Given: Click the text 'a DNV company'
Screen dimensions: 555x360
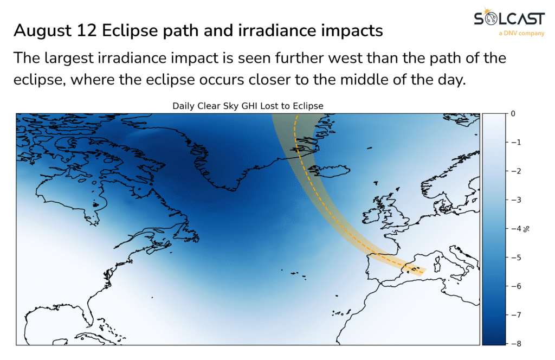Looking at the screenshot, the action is [x=521, y=33].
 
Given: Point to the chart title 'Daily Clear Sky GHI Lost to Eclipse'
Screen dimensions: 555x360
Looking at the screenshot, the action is [x=248, y=106].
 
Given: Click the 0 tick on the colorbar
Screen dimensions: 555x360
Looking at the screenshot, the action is [x=513, y=114].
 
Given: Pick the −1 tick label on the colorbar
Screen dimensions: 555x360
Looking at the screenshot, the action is [x=516, y=142].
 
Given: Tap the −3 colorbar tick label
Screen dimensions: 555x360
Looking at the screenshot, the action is [x=516, y=200].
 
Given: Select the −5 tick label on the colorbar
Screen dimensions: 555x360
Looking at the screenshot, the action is [x=516, y=258].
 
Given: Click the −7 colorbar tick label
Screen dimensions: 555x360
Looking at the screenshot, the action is [x=516, y=314].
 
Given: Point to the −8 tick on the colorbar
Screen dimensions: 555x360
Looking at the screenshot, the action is [x=516, y=343].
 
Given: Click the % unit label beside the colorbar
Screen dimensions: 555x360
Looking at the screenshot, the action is [x=527, y=229].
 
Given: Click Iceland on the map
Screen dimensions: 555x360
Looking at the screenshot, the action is [x=331, y=170].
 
